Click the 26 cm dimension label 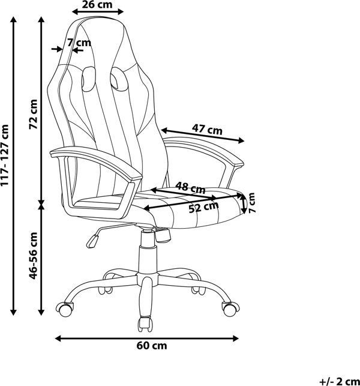(97, 4)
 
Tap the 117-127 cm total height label (5, 155)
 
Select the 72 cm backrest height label (33, 114)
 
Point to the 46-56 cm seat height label (33, 256)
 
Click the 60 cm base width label (152, 345)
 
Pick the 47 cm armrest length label (207, 129)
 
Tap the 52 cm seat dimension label (204, 207)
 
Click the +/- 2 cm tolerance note (340, 382)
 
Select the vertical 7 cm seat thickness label (252, 203)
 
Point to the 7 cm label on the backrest (79, 43)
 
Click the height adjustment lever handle (92, 241)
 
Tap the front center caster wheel (145, 324)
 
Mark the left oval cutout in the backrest (88, 79)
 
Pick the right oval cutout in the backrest (119, 78)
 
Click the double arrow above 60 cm (146, 339)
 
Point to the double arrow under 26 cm (98, 11)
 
